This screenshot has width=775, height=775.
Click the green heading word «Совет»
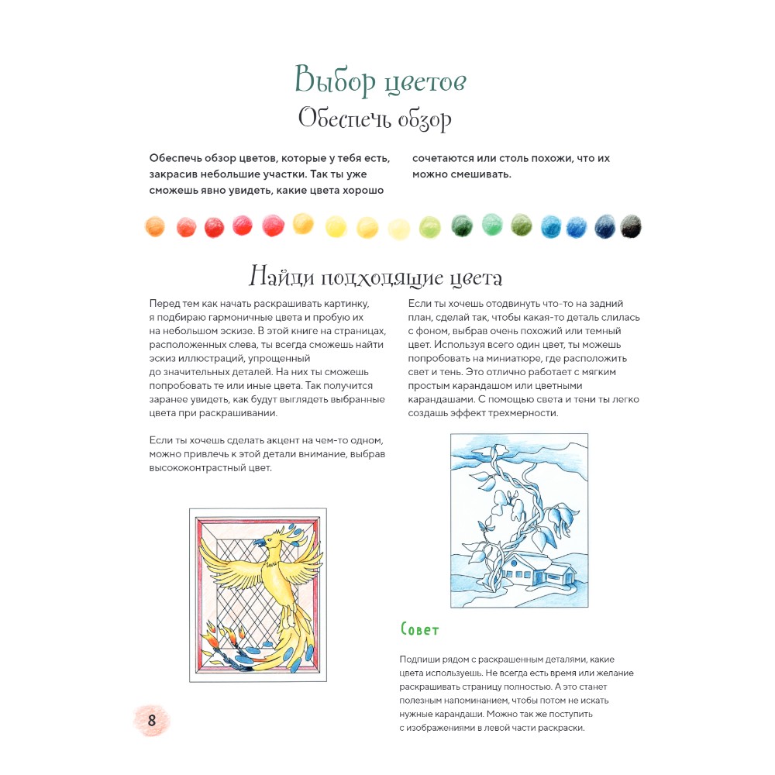click(x=420, y=629)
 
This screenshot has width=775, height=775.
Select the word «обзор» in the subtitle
click(x=423, y=120)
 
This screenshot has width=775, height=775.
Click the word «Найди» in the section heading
click(x=279, y=277)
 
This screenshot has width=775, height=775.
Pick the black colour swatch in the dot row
click(x=631, y=226)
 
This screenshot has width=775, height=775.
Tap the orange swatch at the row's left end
click(x=156, y=226)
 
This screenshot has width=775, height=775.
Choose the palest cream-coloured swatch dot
click(x=398, y=228)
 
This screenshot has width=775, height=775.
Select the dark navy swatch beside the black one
click(x=604, y=226)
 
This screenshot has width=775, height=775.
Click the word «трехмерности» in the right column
click(x=526, y=413)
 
